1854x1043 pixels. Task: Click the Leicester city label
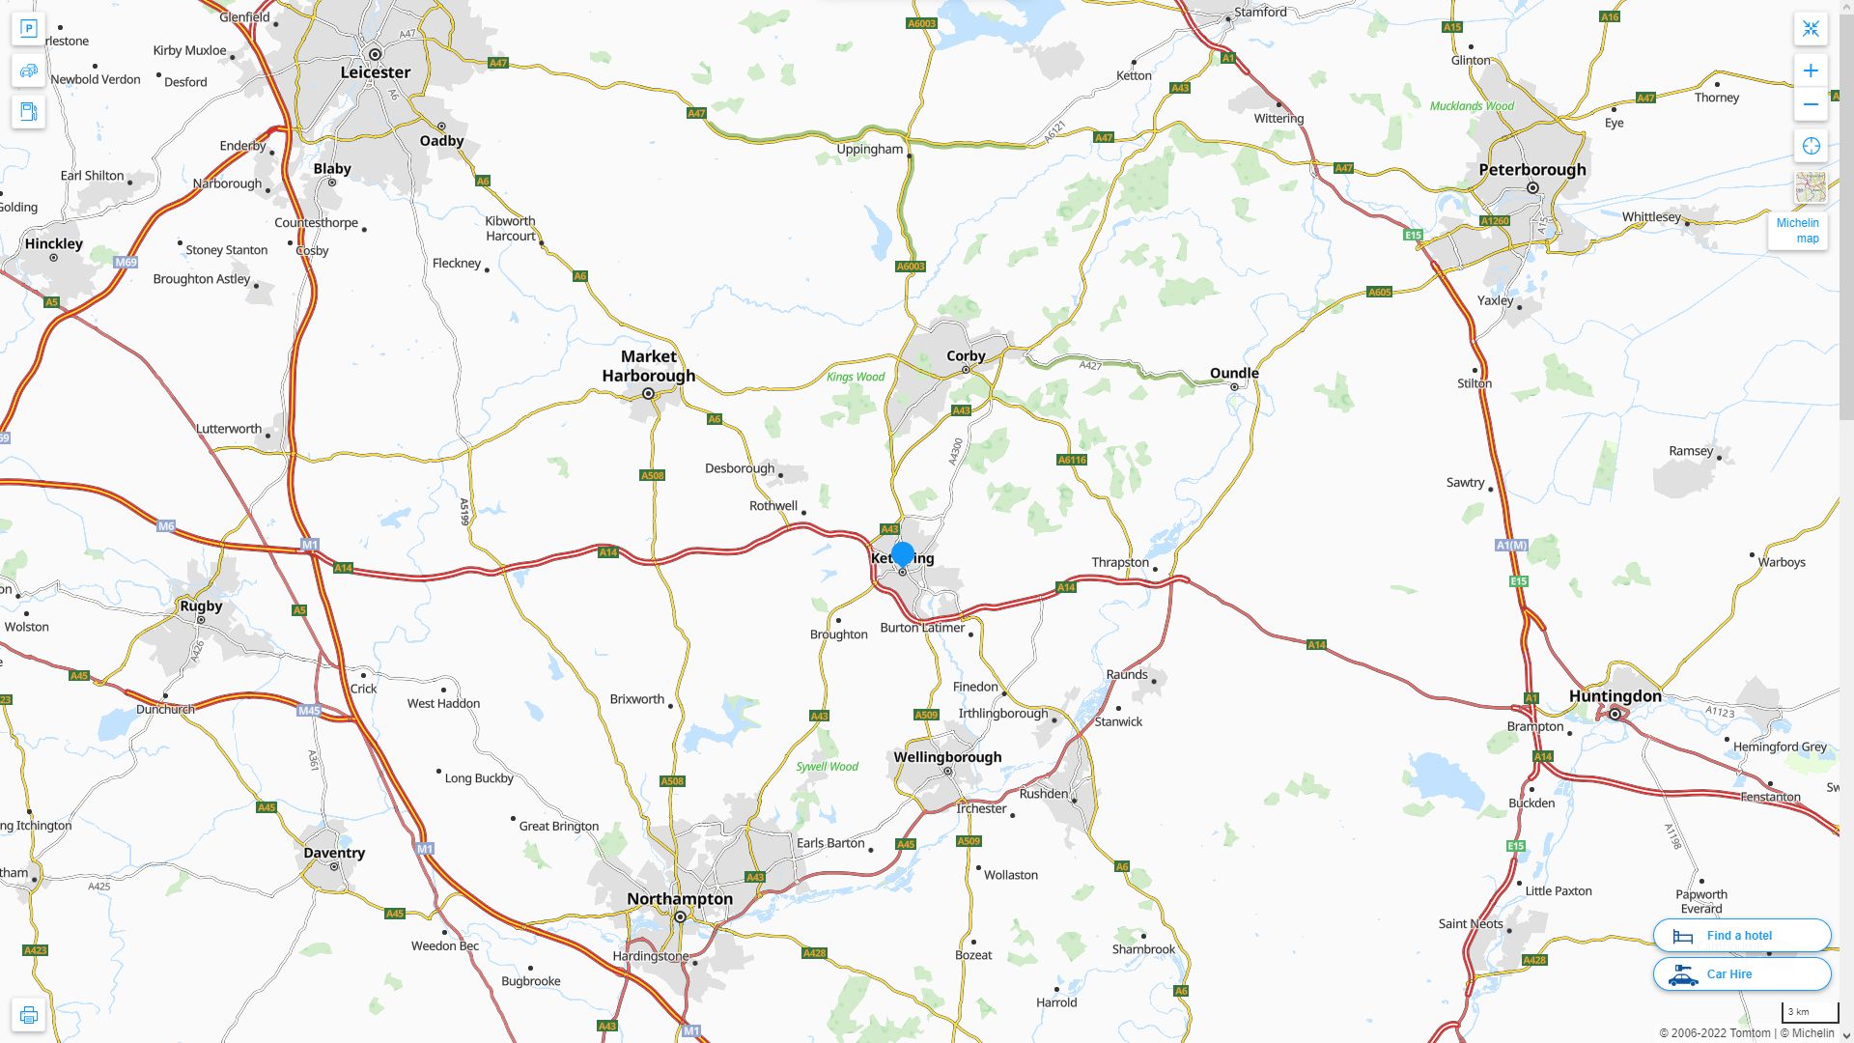coord(375,72)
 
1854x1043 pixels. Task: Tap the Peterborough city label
coord(1531,170)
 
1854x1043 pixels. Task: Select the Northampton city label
coord(680,899)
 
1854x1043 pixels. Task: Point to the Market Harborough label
coord(649,366)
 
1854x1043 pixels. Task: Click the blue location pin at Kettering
coord(903,554)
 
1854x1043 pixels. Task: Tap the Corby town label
coord(966,355)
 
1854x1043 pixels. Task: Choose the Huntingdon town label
coord(1615,696)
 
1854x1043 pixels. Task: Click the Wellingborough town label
coord(947,757)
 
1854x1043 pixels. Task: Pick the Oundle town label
coord(1234,373)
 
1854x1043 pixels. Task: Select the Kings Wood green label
coord(856,377)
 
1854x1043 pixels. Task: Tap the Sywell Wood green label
coord(827,767)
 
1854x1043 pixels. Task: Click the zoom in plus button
coord(1811,70)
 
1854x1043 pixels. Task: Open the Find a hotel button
coord(1741,935)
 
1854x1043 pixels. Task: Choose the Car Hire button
coord(1741,973)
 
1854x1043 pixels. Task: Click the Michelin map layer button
coord(1797,230)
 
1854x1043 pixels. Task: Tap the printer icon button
coord(28,1015)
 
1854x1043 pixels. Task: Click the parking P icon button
coord(28,29)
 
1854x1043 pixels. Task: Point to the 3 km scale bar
coord(1810,1013)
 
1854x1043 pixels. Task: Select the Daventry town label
coord(334,853)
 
